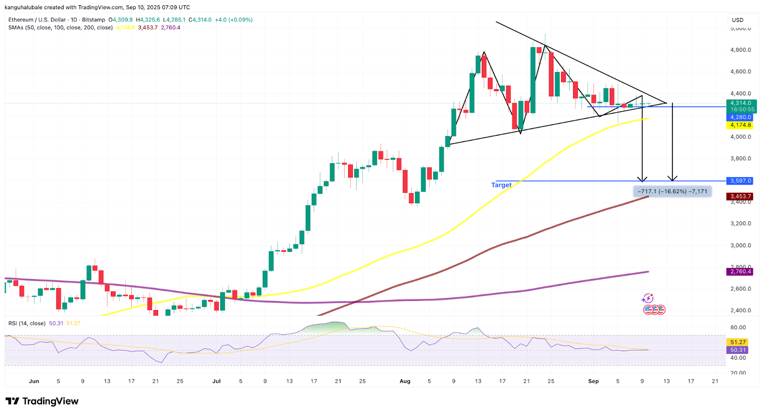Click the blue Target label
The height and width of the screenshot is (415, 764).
tap(501, 185)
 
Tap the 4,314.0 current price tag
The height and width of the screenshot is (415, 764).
tap(741, 103)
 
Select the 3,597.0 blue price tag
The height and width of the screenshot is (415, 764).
tap(741, 181)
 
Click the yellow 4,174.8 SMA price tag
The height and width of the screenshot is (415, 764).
tap(741, 125)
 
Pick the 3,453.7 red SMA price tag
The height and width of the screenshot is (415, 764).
tap(741, 196)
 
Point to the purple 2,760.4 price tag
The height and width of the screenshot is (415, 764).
tap(741, 271)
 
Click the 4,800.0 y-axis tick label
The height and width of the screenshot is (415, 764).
tap(741, 50)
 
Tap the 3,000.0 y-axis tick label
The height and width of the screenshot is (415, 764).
tap(741, 245)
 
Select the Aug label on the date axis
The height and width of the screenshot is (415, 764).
tap(405, 381)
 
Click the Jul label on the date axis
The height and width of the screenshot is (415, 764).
tap(217, 381)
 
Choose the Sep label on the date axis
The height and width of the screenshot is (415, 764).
tap(594, 381)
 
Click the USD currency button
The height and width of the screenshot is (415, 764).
tap(738, 20)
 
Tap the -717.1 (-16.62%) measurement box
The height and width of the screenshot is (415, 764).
tap(672, 191)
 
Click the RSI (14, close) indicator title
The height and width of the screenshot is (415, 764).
tap(27, 323)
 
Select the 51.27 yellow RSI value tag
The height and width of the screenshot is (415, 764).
tap(738, 342)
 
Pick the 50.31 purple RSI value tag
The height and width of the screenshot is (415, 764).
tap(738, 350)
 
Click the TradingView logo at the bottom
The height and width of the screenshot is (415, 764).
tap(42, 401)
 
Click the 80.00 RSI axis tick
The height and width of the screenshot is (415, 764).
tap(738, 327)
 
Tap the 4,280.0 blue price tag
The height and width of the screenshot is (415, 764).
tap(741, 117)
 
